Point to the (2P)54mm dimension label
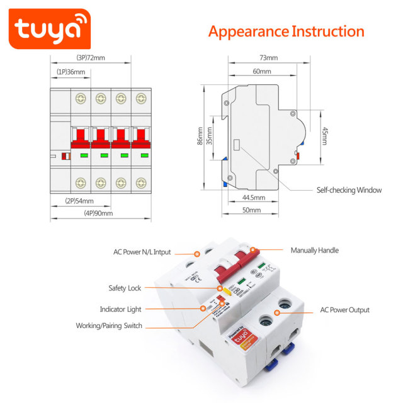[x=79, y=201]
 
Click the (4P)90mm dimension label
[x=98, y=213]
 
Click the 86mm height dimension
[x=201, y=136]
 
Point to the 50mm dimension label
[x=250, y=211]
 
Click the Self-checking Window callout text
[x=349, y=190]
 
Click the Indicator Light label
[x=120, y=309]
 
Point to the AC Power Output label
[x=344, y=310]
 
